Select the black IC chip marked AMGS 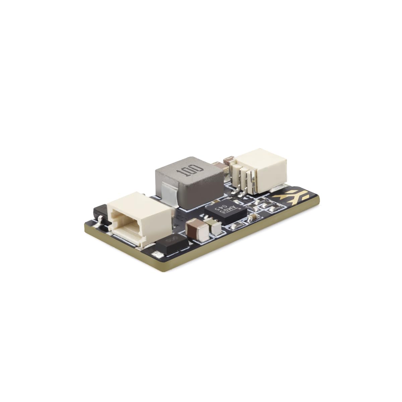(x=225, y=211)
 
